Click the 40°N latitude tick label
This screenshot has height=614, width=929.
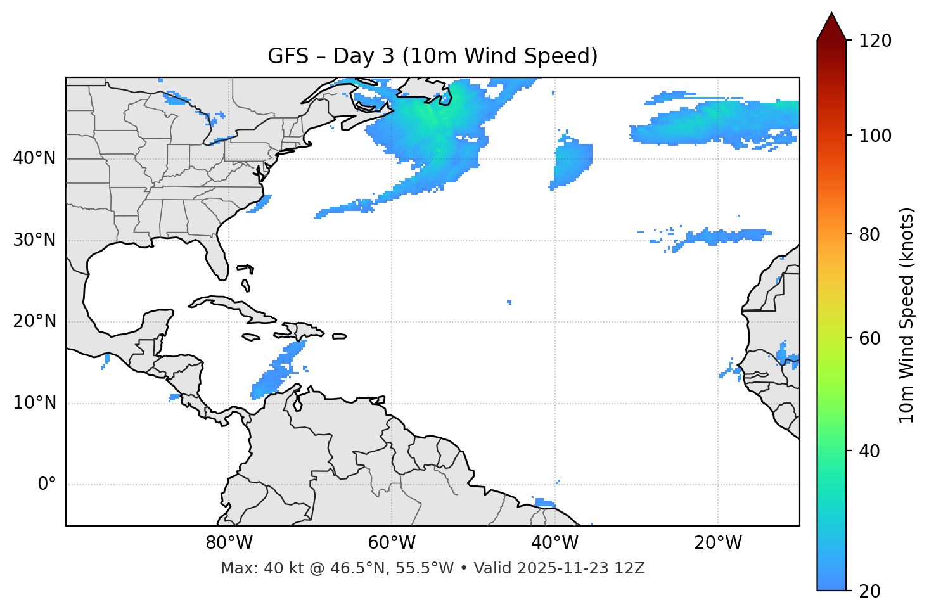(x=34, y=158)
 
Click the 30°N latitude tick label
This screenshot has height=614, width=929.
(x=34, y=240)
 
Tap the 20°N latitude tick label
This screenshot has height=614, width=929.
(x=34, y=321)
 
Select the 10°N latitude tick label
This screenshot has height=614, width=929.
(x=34, y=403)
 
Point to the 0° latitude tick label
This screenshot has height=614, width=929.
(x=47, y=485)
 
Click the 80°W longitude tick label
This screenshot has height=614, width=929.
(x=229, y=543)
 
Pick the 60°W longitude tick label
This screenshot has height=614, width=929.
(x=392, y=543)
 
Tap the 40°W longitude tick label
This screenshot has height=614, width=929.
(x=554, y=543)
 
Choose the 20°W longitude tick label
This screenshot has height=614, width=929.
(x=717, y=543)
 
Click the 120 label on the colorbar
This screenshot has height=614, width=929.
(x=875, y=41)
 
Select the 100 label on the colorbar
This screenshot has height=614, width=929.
(x=875, y=136)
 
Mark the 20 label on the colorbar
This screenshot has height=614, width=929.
(x=869, y=591)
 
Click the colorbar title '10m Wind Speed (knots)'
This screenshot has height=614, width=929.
(x=907, y=315)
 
